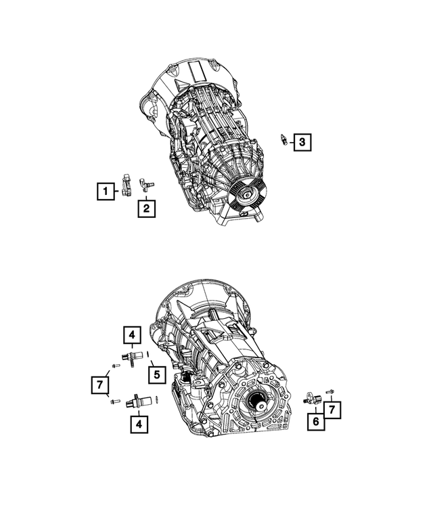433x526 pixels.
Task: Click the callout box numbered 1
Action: [105, 192]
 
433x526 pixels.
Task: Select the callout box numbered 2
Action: [146, 208]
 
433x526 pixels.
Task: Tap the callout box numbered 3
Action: [302, 142]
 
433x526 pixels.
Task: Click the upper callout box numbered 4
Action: [132, 334]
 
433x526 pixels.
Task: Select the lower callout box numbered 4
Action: [138, 424]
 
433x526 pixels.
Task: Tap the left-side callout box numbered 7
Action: [99, 385]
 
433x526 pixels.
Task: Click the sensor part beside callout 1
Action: [127, 183]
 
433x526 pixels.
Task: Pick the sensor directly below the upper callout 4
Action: [133, 356]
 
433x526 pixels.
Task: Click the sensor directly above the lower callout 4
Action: [137, 401]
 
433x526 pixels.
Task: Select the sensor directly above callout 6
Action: [311, 399]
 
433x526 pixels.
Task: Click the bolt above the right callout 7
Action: [330, 391]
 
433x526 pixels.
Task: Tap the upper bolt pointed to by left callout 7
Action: [115, 366]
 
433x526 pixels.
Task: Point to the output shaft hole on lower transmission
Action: [260, 406]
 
